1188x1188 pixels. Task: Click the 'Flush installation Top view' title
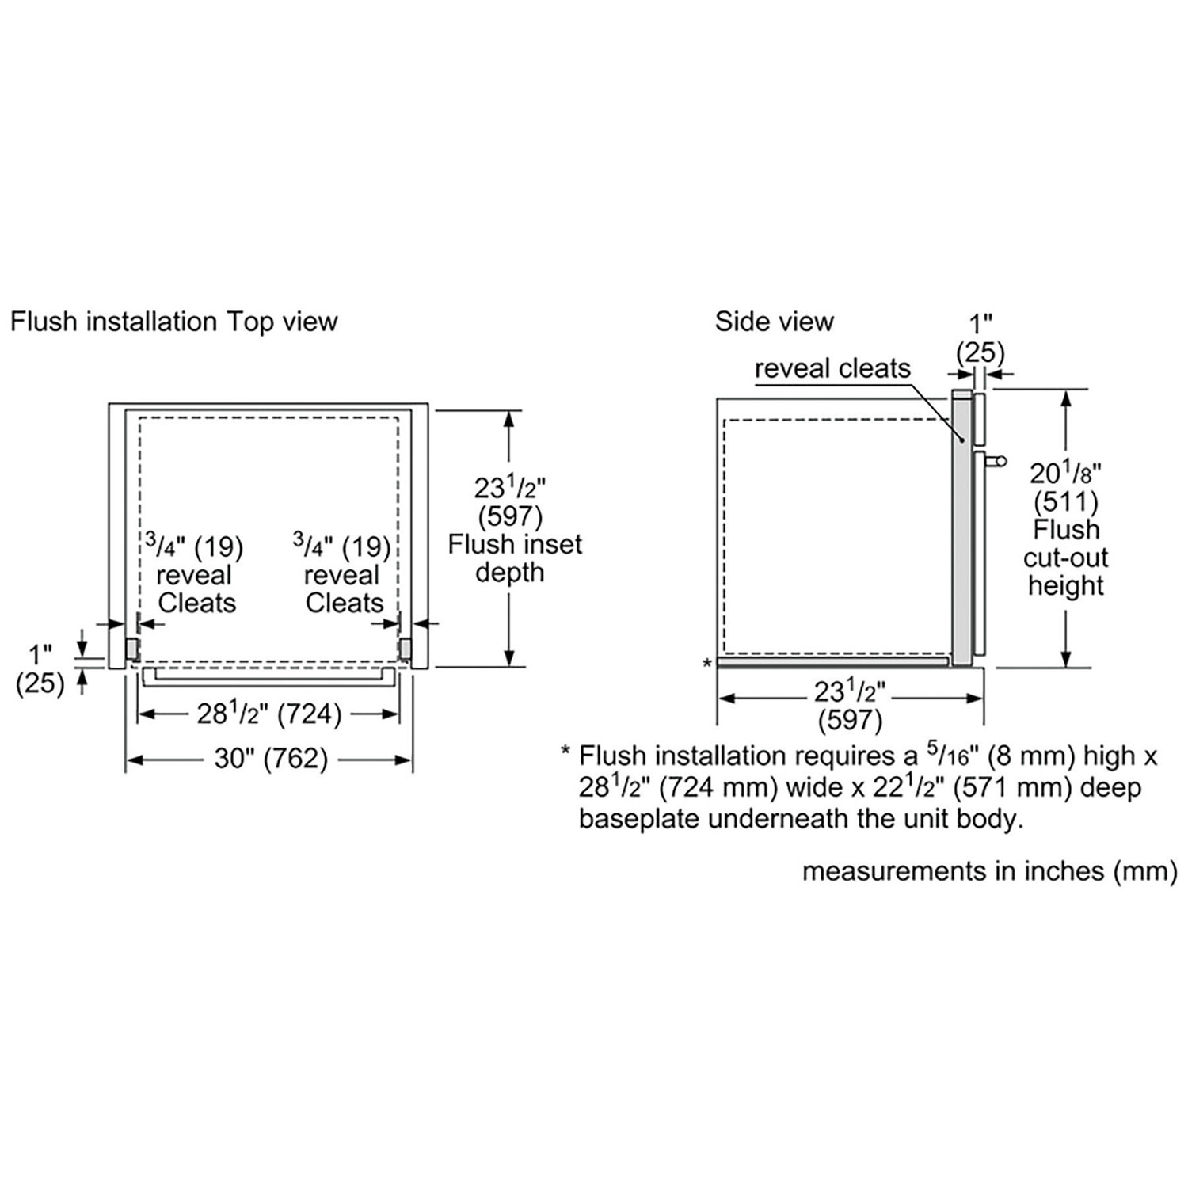coord(174,322)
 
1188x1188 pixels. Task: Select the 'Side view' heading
coord(774,322)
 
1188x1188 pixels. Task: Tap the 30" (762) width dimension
coord(271,759)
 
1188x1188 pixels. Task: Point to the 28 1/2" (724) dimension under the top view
coord(269,714)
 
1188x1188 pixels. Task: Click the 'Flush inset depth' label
coord(515,558)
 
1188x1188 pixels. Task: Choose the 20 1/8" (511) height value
coord(1065,486)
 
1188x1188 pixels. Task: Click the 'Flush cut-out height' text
coord(1065,558)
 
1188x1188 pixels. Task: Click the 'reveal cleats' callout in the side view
coord(832,368)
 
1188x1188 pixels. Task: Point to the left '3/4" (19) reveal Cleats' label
coord(195,575)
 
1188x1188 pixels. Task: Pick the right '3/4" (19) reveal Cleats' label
coord(342,575)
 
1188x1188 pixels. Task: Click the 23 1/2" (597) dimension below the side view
coord(850,706)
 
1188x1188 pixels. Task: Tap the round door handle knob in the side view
coord(1000,460)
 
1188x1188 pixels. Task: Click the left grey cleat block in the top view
coord(132,649)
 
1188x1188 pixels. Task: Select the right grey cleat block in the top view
coord(406,649)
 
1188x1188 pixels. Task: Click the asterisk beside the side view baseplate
coord(707,664)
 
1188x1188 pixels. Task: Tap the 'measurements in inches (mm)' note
coord(990,871)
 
